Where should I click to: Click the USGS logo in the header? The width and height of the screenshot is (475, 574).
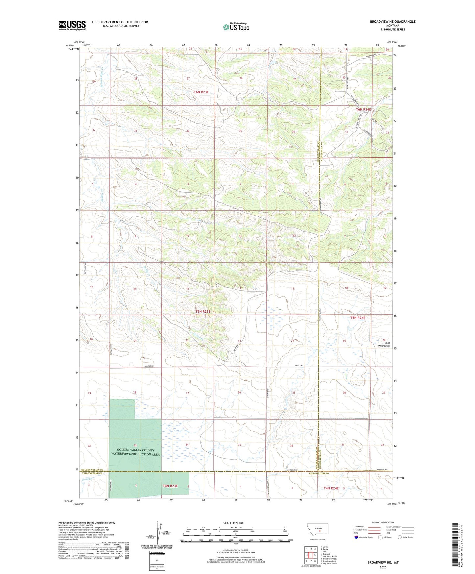pyautogui.click(x=72, y=25)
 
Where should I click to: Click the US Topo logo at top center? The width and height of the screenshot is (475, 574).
pyautogui.click(x=236, y=27)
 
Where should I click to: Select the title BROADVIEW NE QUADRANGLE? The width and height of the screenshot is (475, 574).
pyautogui.click(x=392, y=22)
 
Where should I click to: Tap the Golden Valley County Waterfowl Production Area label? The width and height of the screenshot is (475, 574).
pyautogui.click(x=135, y=452)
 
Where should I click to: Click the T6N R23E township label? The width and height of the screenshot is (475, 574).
pyautogui.click(x=202, y=92)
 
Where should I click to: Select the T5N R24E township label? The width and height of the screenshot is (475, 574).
pyautogui.click(x=358, y=318)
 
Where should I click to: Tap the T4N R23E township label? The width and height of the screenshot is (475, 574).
pyautogui.click(x=170, y=485)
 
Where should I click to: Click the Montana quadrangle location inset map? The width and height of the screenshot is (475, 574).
pyautogui.click(x=318, y=529)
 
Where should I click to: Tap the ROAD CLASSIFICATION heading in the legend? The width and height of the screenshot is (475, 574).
pyautogui.click(x=383, y=522)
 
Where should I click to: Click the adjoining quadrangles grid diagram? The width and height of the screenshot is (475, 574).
pyautogui.click(x=311, y=555)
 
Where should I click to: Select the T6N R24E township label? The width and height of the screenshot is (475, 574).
pyautogui.click(x=364, y=109)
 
